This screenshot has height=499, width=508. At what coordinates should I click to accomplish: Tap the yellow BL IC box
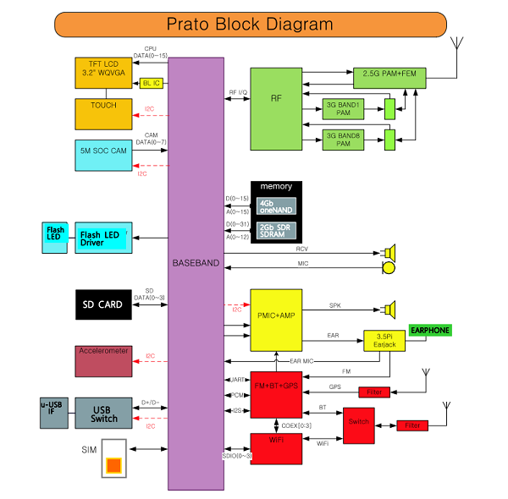click(152, 83)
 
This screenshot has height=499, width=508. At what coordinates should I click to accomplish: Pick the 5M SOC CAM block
click(103, 153)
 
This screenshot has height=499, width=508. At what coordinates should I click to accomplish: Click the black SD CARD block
click(103, 304)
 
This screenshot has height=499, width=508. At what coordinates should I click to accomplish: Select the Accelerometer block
click(103, 360)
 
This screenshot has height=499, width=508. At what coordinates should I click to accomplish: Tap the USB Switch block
click(103, 413)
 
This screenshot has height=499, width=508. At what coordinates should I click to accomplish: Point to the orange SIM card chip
click(113, 464)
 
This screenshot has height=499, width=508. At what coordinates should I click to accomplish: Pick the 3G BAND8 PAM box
click(344, 139)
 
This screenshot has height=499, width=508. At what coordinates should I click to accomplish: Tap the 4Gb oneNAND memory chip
click(278, 206)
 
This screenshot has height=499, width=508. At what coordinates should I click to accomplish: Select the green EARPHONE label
click(430, 330)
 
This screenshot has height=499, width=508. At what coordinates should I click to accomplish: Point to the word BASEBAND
click(196, 264)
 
